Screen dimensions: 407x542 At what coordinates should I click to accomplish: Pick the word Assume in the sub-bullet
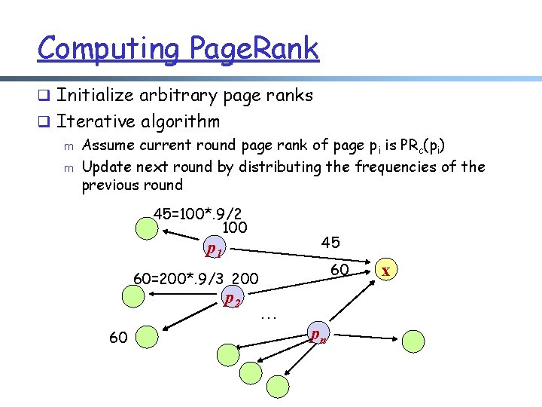click(108, 145)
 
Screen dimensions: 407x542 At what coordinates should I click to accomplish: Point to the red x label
click(385, 270)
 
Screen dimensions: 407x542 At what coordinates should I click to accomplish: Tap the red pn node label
click(318, 335)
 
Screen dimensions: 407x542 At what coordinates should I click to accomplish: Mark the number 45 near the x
click(330, 242)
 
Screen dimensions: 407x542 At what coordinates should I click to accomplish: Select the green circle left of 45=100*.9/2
click(142, 225)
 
